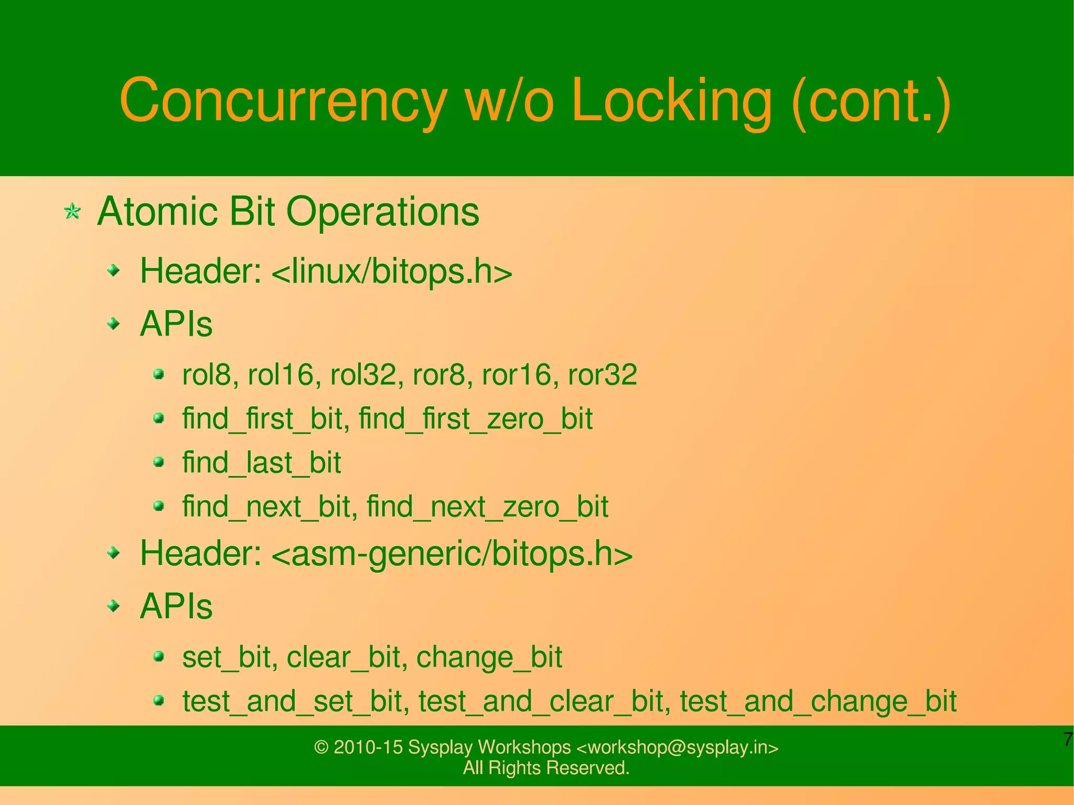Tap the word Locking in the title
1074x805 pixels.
[671, 101]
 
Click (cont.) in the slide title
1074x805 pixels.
[871, 101]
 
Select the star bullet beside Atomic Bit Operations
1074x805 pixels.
[72, 212]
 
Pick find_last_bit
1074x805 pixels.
[261, 463]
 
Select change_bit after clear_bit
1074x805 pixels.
[489, 657]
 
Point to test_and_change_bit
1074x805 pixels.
[818, 701]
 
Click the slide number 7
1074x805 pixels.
[1067, 739]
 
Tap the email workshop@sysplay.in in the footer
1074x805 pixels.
[677, 747]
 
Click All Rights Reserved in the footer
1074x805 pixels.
[545, 768]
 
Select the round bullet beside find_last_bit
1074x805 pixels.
[159, 462]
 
